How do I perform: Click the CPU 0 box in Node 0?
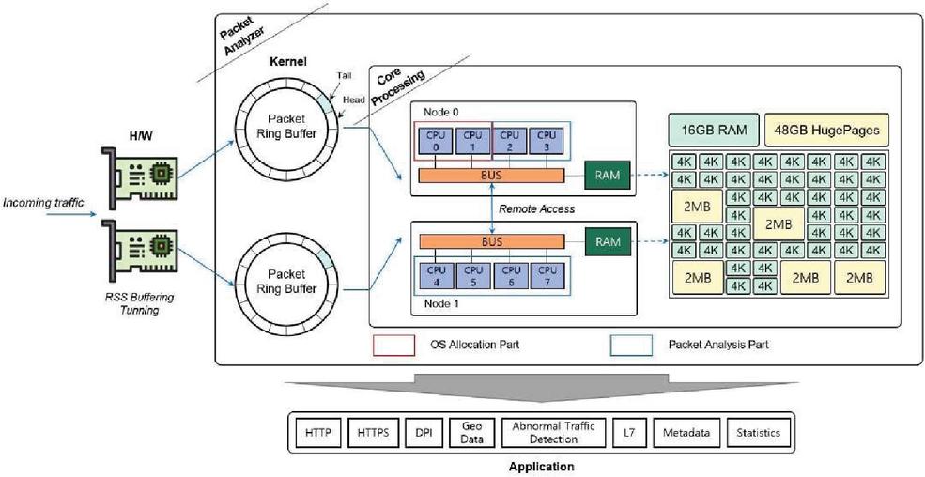coord(436,141)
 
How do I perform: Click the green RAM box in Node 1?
coord(608,241)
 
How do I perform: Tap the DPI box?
coord(424,433)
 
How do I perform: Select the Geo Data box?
coord(471,433)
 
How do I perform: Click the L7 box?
coord(627,433)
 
